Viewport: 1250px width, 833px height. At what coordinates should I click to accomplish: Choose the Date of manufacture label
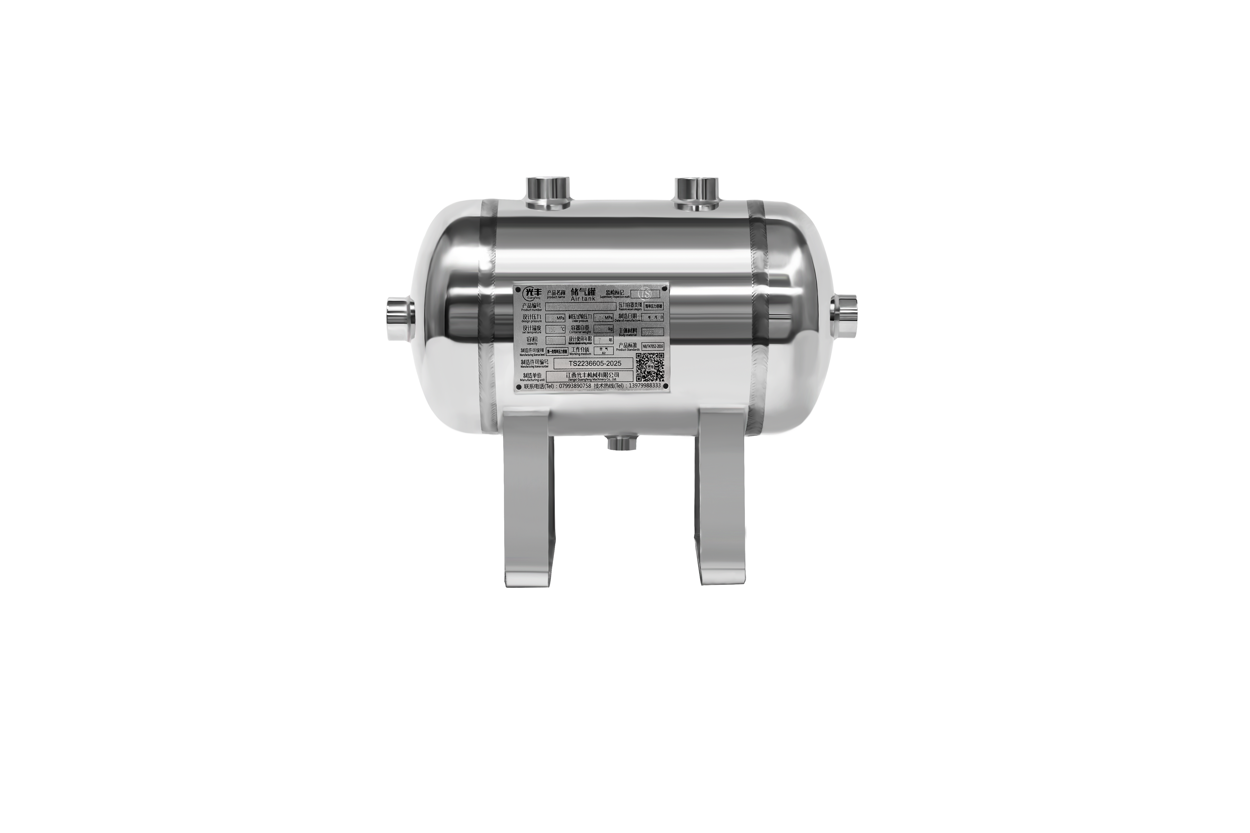coord(628,320)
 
